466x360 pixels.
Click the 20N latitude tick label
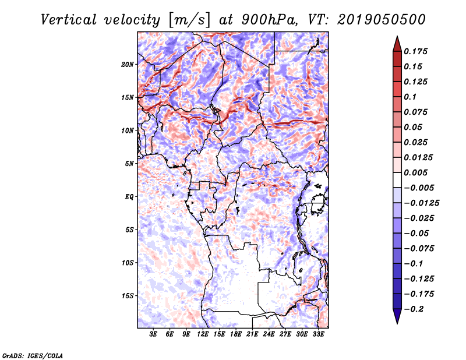[x=128, y=64]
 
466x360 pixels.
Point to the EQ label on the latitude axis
[x=129, y=197]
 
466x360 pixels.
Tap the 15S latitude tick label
[x=128, y=296]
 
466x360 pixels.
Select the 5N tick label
[x=129, y=164]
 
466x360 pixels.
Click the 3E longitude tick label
[x=154, y=334]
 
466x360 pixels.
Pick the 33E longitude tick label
[x=319, y=334]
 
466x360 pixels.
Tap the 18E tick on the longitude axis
[x=236, y=334]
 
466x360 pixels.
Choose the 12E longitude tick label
[x=203, y=334]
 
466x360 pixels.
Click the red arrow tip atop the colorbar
[x=397, y=40]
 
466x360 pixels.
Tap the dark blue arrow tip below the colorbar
[x=397, y=319]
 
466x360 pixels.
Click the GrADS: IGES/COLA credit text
[x=32, y=355]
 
